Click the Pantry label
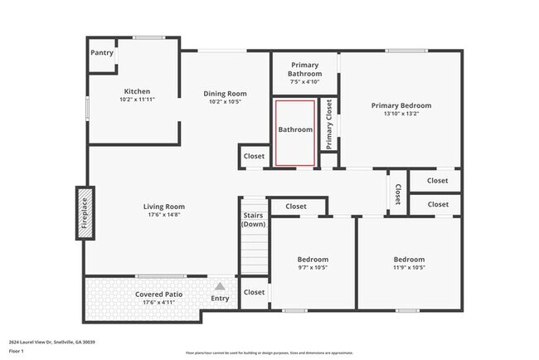tap(101, 53)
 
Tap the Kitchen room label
tap(137, 91)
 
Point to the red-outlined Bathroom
tap(295, 130)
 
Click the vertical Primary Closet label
tap(329, 125)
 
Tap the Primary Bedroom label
tap(401, 105)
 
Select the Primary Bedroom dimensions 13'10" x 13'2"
tap(401, 115)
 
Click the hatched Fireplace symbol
tap(84, 213)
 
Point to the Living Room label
tap(162, 207)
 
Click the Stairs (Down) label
tap(254, 220)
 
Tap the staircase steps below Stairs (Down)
tap(254, 253)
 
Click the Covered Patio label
tap(159, 294)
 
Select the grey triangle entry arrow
tap(221, 286)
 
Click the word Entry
tap(221, 299)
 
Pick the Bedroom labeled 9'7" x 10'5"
tap(313, 260)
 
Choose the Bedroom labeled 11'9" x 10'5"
tap(409, 260)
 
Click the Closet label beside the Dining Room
tap(255, 156)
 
